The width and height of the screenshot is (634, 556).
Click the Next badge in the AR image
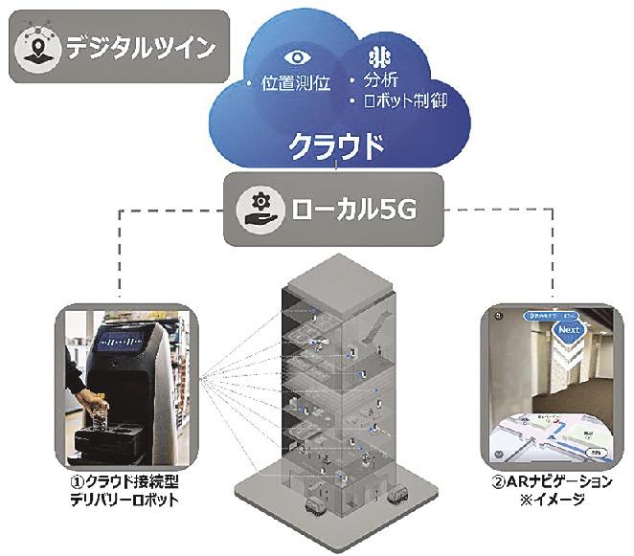(x=566, y=332)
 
